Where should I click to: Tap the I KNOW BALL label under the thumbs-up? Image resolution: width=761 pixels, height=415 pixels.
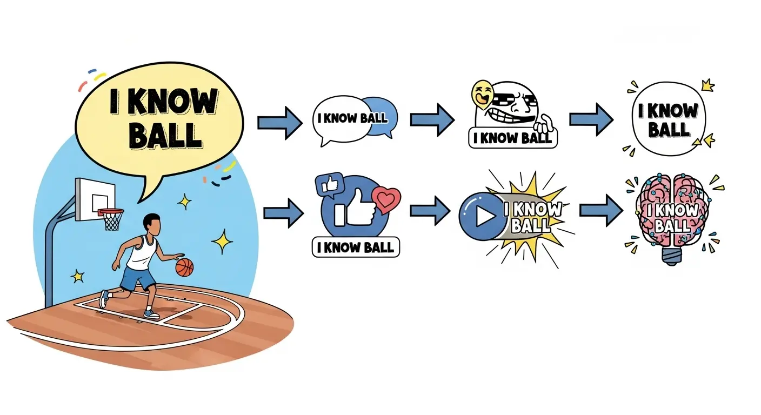[356, 247]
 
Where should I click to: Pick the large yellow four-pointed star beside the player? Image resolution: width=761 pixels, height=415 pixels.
[222, 241]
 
